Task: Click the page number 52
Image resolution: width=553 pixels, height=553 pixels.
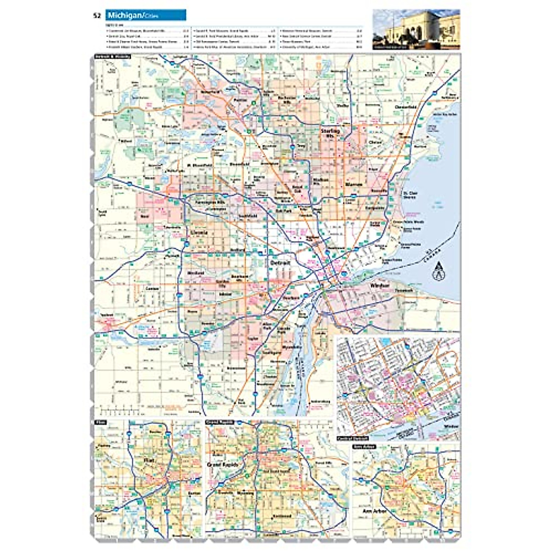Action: (x=97, y=16)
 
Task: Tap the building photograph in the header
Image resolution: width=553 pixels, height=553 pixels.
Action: (x=416, y=29)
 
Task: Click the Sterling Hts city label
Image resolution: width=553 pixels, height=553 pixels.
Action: (x=330, y=133)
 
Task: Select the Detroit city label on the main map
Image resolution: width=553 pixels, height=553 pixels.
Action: (x=281, y=263)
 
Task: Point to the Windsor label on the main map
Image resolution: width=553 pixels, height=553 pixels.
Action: (x=380, y=286)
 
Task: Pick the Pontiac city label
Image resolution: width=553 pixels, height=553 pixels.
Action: (x=238, y=99)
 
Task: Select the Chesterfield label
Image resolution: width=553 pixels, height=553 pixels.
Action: (x=406, y=107)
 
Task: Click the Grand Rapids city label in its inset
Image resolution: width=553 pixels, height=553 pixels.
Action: (x=223, y=465)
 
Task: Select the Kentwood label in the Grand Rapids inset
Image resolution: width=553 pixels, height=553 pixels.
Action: (x=282, y=516)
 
